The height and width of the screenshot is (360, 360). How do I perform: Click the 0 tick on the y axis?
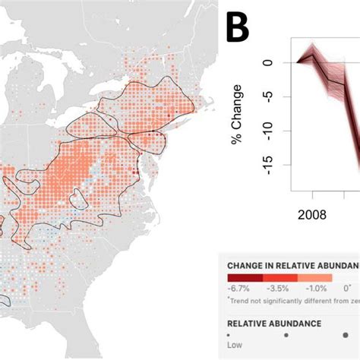click(267, 63)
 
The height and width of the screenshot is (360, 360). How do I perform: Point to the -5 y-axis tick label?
click(267, 96)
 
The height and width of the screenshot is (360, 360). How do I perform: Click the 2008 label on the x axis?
click(313, 215)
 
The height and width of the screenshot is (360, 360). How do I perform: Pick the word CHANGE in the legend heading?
click(245, 266)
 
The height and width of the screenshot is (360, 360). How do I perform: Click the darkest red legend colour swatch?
click(245, 278)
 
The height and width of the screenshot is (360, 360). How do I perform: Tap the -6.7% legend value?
click(238, 289)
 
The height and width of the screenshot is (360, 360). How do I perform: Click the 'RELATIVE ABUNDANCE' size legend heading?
click(273, 323)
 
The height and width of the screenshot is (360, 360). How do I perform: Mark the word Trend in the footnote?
click(238, 298)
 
